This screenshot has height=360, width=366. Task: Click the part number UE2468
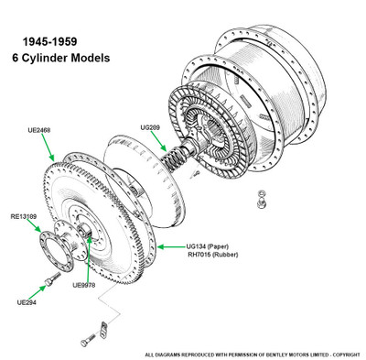tap(39, 130)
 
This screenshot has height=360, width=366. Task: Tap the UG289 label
tap(150, 127)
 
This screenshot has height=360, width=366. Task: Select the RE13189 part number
tap(24, 216)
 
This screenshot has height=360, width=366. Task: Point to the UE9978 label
tap(84, 285)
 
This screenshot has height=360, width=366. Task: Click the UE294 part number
tap(27, 302)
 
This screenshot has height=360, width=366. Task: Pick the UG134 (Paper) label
tap(208, 246)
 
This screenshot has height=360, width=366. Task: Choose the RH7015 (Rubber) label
tap(212, 255)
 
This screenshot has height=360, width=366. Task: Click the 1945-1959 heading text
tap(50, 42)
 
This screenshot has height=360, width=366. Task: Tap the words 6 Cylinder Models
tap(61, 58)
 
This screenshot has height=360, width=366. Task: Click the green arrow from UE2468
tap(48, 147)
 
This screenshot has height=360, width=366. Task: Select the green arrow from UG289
tap(159, 141)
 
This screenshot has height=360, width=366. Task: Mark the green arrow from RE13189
tap(34, 225)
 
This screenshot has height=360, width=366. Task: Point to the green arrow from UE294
tap(38, 293)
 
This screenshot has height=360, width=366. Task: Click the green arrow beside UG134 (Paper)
tap(171, 246)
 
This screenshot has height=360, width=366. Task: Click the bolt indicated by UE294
tap(52, 279)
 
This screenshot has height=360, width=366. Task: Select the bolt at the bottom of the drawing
tap(88, 340)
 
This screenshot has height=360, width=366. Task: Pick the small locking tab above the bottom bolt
tap(103, 328)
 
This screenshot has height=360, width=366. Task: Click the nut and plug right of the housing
tap(261, 199)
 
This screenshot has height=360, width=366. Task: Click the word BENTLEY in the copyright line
tap(274, 355)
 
